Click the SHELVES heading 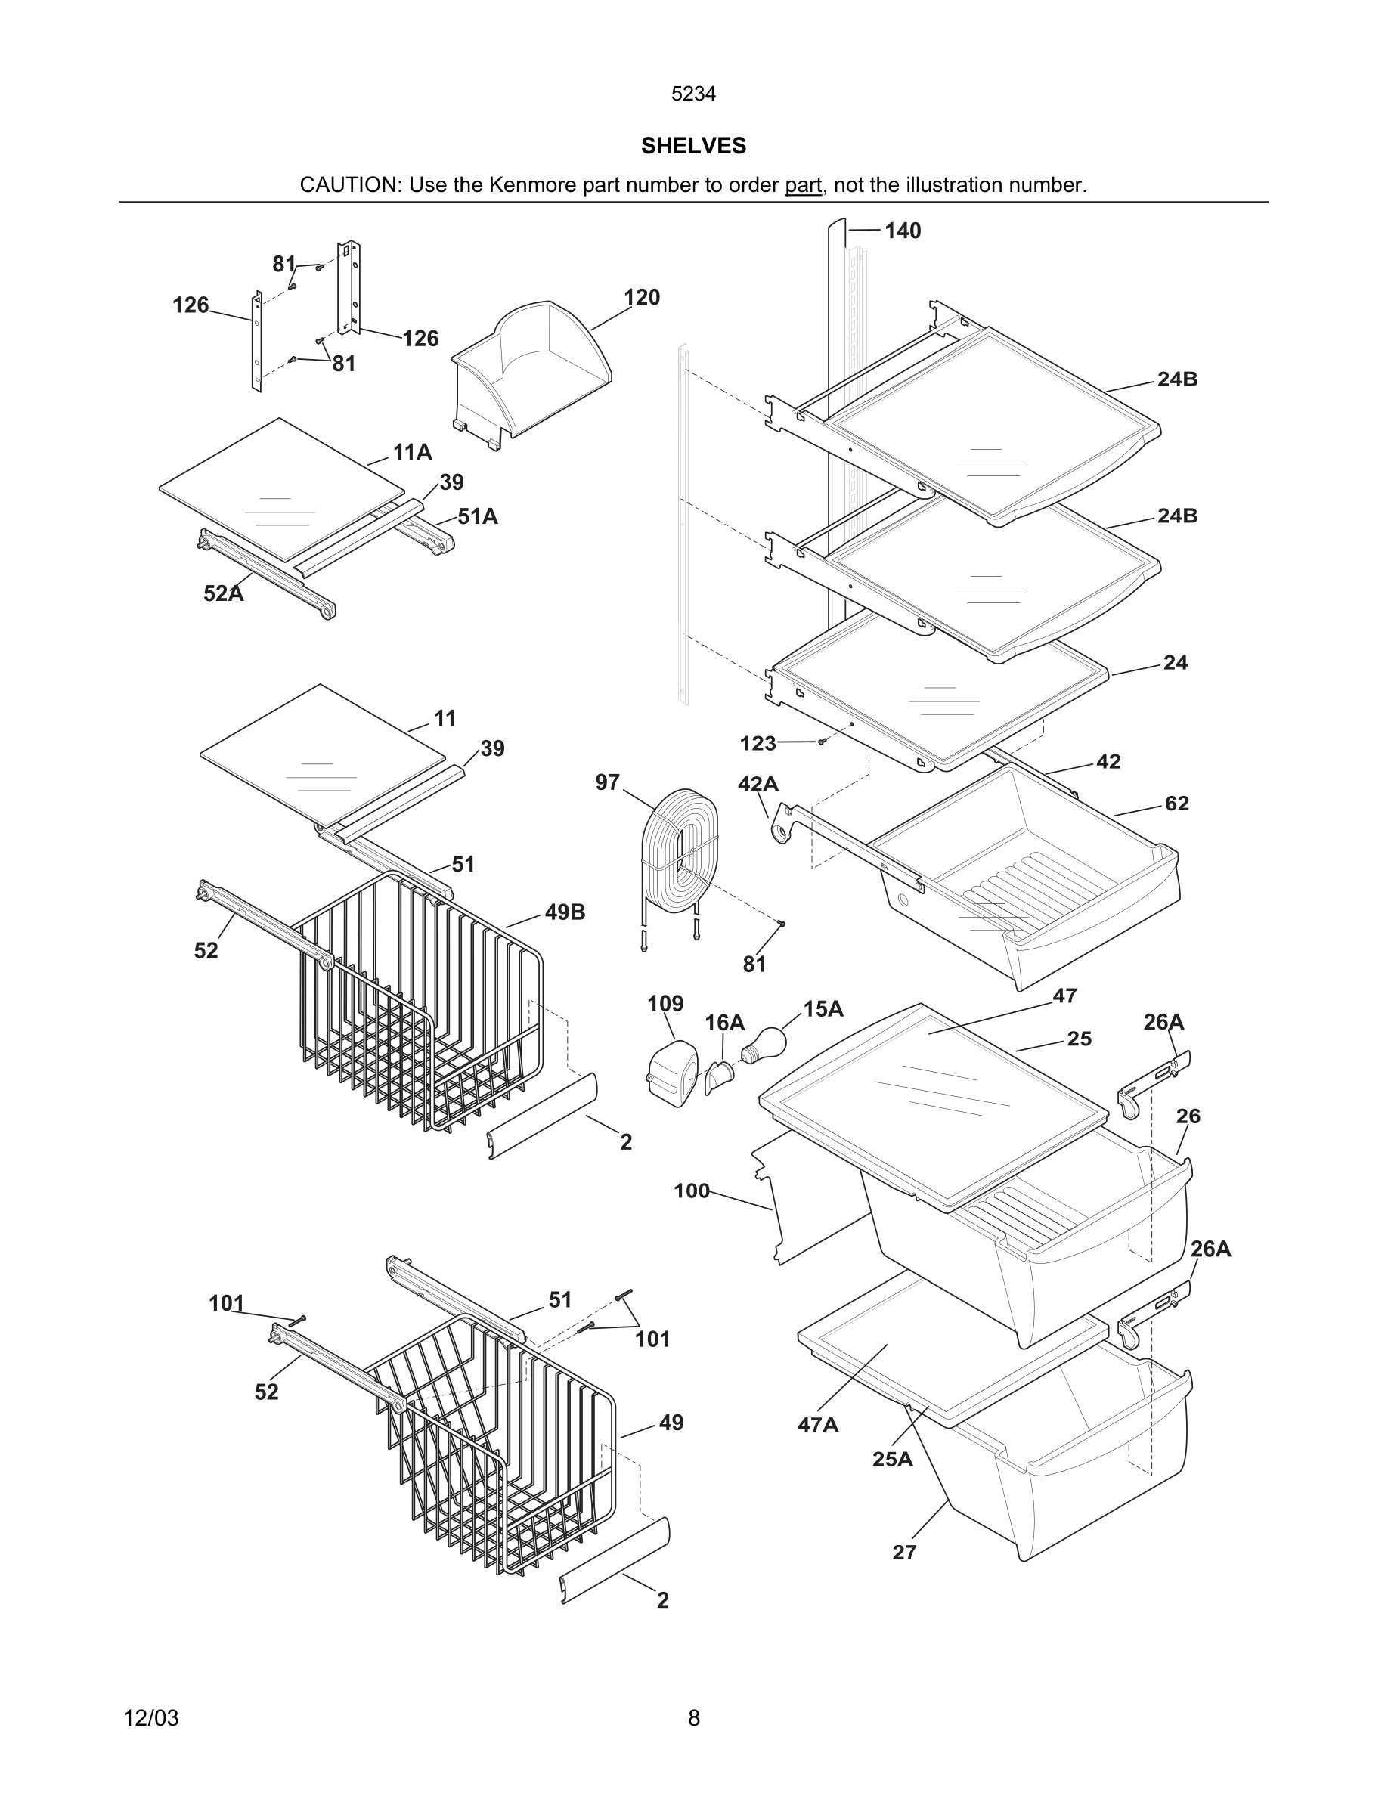pyautogui.click(x=693, y=146)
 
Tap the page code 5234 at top pyautogui.click(x=693, y=94)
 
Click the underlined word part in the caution pyautogui.click(x=803, y=185)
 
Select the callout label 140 pyautogui.click(x=902, y=231)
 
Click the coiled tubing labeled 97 pyautogui.click(x=679, y=853)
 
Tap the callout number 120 pyautogui.click(x=641, y=297)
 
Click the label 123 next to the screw pyautogui.click(x=758, y=743)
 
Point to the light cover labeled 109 pyautogui.click(x=672, y=1073)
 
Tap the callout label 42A pyautogui.click(x=758, y=784)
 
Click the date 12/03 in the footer pyautogui.click(x=151, y=1718)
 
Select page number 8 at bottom pyautogui.click(x=693, y=1718)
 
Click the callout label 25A pyautogui.click(x=892, y=1459)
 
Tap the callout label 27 pyautogui.click(x=903, y=1553)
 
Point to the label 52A pyautogui.click(x=224, y=593)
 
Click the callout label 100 pyautogui.click(x=692, y=1191)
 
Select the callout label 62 pyautogui.click(x=1176, y=804)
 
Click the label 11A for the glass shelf pyautogui.click(x=412, y=451)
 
